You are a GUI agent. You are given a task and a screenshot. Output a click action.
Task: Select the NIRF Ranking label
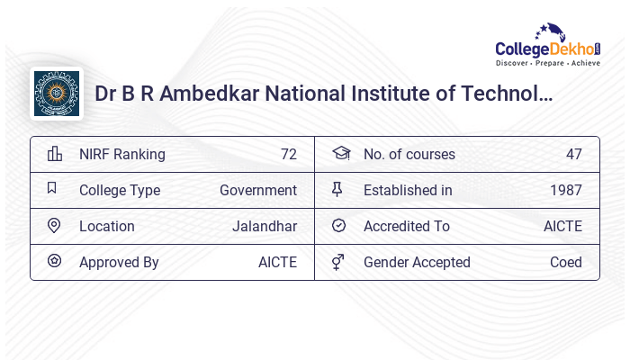[122, 154]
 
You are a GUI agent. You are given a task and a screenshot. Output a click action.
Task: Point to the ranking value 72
[288, 154]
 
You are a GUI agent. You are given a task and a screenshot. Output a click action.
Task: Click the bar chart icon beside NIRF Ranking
[55, 154]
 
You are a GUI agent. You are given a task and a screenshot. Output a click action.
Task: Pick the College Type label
[120, 190]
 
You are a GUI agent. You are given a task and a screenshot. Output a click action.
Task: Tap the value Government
[258, 190]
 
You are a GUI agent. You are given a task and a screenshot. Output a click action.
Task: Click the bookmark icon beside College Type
[52, 189]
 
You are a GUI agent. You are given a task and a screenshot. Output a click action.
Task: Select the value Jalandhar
[265, 226]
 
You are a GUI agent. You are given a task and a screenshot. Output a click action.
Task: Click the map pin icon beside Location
[54, 226]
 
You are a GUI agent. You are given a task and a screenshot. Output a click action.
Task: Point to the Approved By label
[119, 262]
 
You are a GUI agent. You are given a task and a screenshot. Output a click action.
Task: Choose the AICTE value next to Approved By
[277, 262]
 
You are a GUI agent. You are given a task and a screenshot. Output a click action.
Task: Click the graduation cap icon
[340, 154]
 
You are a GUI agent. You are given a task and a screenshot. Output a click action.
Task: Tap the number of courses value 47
[574, 154]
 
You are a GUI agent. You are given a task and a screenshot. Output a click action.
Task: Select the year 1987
[566, 190]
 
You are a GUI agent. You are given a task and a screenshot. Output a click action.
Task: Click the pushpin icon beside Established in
[337, 190]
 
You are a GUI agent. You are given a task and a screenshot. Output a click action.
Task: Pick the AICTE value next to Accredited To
[562, 226]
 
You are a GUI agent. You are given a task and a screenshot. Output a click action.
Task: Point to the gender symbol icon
[337, 262]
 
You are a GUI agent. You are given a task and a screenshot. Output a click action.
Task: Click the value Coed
[566, 262]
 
